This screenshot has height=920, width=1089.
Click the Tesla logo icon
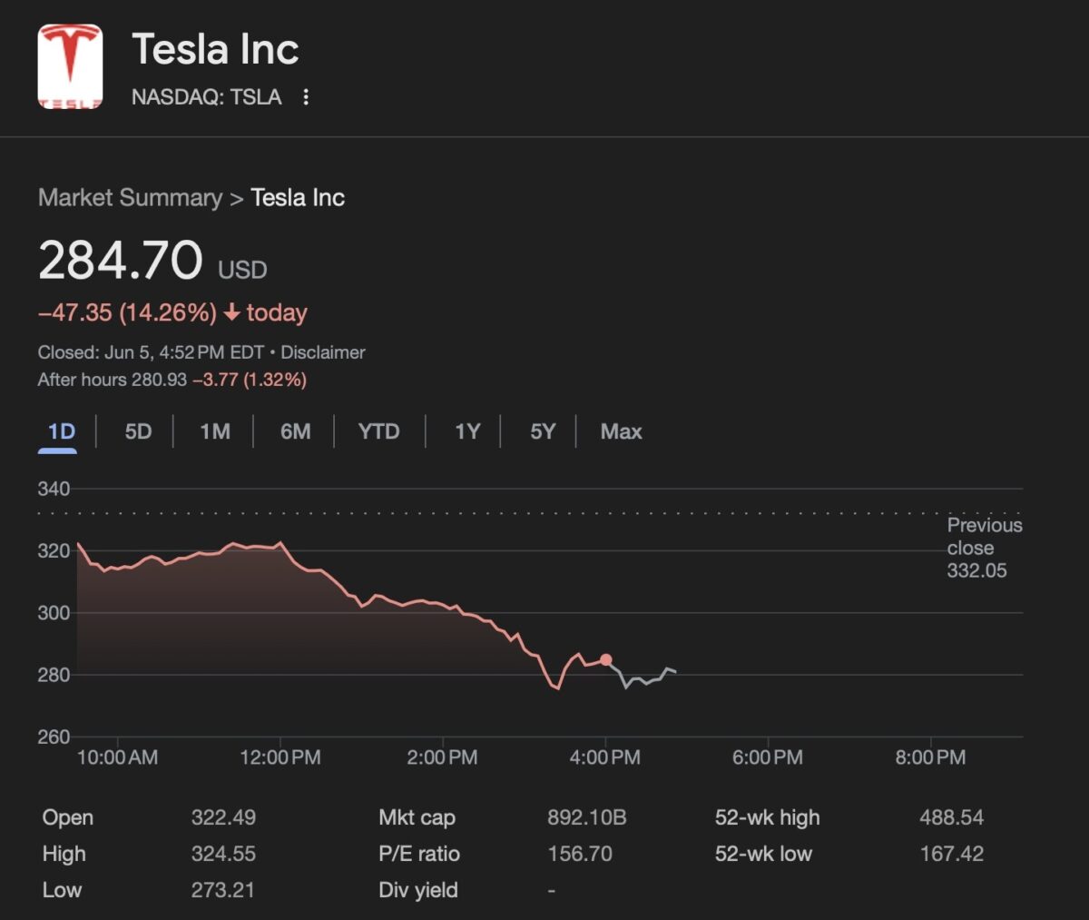70,66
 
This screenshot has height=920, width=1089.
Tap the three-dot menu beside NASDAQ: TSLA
306,97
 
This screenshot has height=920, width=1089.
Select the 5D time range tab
138,431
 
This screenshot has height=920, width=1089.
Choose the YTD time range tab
378,431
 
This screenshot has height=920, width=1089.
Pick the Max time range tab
621,431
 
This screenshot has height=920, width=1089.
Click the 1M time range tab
215,431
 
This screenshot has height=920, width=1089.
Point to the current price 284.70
121,260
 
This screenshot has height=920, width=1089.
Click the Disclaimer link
322,352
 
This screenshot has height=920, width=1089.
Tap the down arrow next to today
232,312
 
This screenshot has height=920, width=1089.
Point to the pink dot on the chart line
606,660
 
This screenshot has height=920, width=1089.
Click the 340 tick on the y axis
54,489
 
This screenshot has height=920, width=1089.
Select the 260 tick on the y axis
54,737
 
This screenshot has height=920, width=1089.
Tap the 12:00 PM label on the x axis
280,757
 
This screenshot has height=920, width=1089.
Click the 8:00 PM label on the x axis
930,757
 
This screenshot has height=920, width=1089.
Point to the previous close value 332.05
976,570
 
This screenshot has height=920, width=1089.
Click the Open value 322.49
223,817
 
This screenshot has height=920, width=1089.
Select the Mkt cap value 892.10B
586,817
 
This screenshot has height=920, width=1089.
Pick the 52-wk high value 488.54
951,817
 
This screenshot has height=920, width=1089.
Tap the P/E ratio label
419,854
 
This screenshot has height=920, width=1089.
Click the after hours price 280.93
159,380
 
